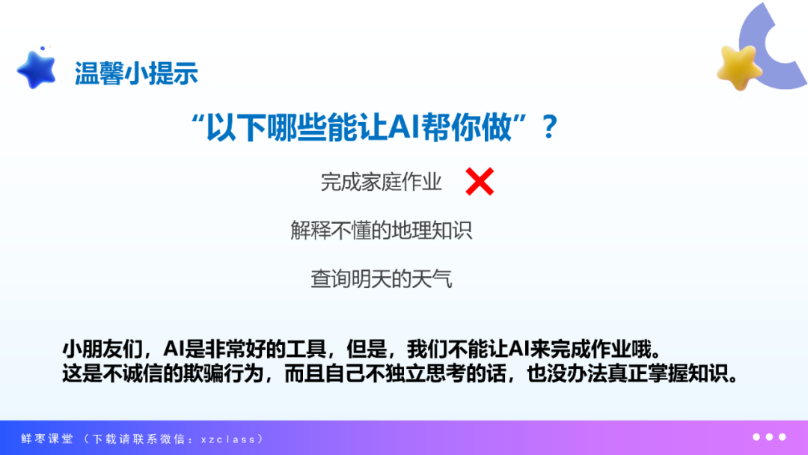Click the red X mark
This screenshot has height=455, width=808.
click(480, 181)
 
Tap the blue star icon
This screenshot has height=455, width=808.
click(37, 70)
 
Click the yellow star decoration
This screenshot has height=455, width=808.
click(739, 67)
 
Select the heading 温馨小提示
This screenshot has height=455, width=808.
click(136, 73)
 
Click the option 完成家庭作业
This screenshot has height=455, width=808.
click(382, 182)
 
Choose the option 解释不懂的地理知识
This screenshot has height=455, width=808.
click(382, 230)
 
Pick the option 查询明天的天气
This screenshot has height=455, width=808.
click(382, 279)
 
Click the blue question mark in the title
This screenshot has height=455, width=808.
click(550, 126)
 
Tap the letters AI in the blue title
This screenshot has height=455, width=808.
click(403, 126)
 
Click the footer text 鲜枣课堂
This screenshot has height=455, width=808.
click(47, 439)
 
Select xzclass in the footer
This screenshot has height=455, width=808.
click(228, 439)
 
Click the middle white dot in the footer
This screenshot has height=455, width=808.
click(769, 437)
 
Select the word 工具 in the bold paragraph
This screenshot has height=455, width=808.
click(306, 349)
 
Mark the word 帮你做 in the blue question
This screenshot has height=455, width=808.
click(467, 126)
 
